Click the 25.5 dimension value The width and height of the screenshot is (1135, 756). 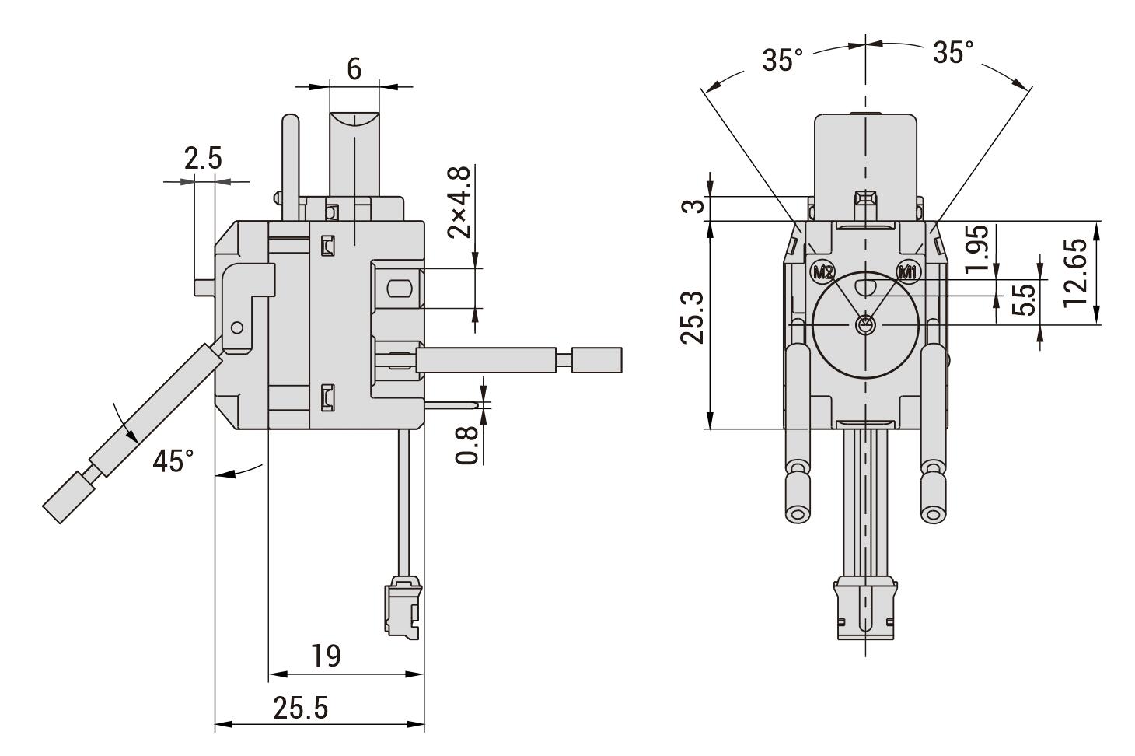click(301, 708)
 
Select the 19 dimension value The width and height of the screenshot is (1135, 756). click(326, 656)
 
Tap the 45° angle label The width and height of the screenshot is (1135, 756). click(173, 461)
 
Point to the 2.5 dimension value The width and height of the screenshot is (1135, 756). click(203, 158)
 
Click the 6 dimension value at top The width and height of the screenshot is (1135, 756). click(354, 69)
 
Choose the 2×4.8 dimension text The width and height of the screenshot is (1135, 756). click(459, 202)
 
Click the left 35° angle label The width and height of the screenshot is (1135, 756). click(783, 60)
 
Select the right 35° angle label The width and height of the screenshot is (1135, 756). click(953, 52)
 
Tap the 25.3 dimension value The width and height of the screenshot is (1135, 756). click(692, 318)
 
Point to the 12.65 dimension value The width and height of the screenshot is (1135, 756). click(1075, 272)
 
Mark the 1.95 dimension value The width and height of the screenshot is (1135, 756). click(976, 248)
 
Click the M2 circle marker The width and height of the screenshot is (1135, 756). click(822, 273)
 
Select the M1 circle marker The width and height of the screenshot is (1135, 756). click(907, 273)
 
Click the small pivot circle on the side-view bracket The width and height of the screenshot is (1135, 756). click(236, 327)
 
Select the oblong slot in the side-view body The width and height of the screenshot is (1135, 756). click(400, 289)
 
